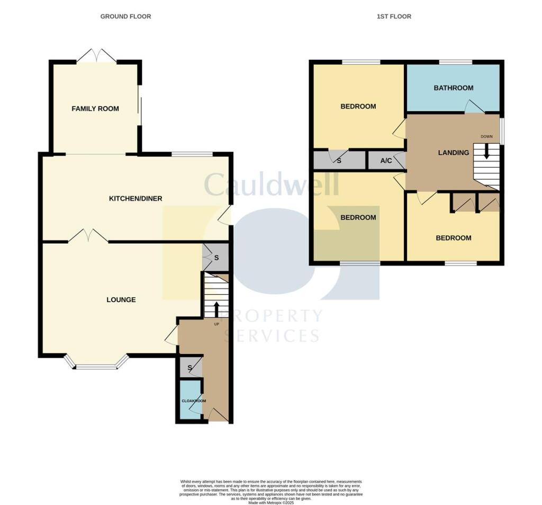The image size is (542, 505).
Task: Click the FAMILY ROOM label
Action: [x=95, y=109]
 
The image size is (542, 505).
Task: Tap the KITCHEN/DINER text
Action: [x=135, y=199]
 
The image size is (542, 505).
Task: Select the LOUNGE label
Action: [x=121, y=299]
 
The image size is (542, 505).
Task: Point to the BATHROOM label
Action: [x=453, y=88]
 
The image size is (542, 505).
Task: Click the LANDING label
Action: [x=454, y=153]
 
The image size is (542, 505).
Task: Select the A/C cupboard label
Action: [x=386, y=161]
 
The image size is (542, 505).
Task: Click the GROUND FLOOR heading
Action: [x=125, y=16]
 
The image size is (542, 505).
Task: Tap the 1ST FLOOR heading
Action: [x=394, y=16]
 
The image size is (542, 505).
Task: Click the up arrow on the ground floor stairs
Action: [x=216, y=308]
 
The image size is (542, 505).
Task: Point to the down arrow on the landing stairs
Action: [x=486, y=152]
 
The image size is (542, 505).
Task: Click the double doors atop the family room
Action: [x=96, y=56]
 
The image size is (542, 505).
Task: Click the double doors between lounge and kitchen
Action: [x=88, y=235]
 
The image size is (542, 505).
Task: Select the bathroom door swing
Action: [x=475, y=108]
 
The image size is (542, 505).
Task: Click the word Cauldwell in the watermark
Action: [x=271, y=185]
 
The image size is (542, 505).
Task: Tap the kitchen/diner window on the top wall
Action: [x=192, y=154]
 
